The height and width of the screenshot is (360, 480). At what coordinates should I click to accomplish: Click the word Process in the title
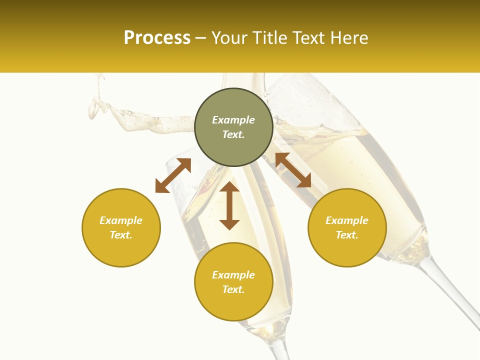157,38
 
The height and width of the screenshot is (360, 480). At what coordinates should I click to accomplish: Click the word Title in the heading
270,38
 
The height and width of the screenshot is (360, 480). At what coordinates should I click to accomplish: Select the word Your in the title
229,38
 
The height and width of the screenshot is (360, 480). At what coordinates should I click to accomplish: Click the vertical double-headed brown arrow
229,205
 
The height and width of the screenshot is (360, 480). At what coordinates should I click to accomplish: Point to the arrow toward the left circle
173,175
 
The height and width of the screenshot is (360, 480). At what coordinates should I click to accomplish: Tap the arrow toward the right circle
293,170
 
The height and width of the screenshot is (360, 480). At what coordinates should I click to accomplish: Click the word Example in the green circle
233,120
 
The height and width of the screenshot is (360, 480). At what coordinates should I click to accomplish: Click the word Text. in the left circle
121,235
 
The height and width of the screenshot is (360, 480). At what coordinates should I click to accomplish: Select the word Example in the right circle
347,220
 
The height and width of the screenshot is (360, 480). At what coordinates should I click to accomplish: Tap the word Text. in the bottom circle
233,289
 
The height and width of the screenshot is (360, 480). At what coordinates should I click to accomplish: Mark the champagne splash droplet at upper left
93,108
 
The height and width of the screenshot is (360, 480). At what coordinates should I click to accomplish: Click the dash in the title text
200,38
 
